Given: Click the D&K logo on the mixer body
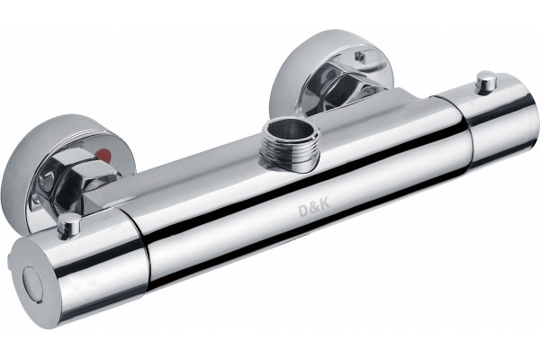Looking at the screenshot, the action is tap(314, 207).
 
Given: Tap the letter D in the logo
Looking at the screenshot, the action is tap(304, 210).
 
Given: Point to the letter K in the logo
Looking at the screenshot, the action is tap(325, 203).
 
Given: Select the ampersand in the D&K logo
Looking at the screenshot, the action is tap(314, 207).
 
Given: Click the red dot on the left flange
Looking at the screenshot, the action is tap(105, 154).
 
